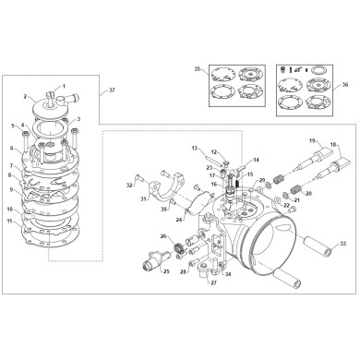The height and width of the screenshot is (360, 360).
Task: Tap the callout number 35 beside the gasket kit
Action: click(197, 69)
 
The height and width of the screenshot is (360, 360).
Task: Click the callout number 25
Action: click(166, 273)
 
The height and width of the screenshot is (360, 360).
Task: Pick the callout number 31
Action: click(144, 198)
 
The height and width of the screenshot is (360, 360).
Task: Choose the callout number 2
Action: click(25, 96)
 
